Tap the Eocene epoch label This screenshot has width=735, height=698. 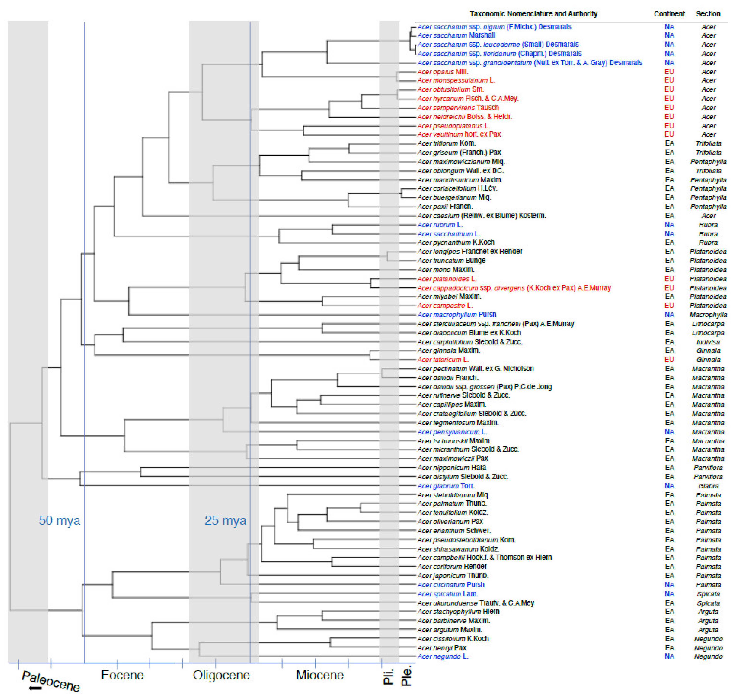tap(122, 675)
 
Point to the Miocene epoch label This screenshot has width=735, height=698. tap(320, 675)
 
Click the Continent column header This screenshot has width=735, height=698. tap(669, 14)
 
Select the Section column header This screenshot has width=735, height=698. tap(708, 14)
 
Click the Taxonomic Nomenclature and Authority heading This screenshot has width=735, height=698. tap(533, 14)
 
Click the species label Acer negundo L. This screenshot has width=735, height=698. tap(442, 657)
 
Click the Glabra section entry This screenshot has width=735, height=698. tap(708, 486)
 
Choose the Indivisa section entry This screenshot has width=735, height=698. tap(708, 342)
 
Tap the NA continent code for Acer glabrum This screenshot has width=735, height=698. tap(669, 486)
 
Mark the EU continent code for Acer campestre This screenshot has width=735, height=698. tap(669, 305)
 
